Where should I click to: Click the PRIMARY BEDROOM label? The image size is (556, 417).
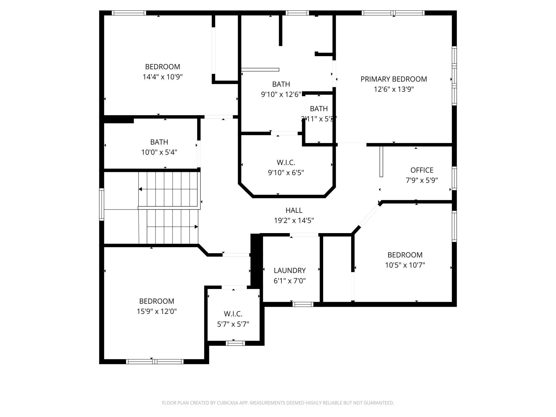click(x=393, y=79)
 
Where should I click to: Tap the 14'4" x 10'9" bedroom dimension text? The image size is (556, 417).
click(x=163, y=77)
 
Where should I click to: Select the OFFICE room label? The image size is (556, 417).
click(x=422, y=170)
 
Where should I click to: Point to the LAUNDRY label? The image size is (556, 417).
click(x=289, y=271)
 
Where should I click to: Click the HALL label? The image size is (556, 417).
click(x=294, y=210)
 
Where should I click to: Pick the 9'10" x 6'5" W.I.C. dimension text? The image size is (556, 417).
click(x=286, y=173)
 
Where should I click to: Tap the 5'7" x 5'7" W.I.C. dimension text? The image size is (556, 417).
click(x=233, y=324)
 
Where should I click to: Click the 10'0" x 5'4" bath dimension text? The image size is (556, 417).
click(x=159, y=152)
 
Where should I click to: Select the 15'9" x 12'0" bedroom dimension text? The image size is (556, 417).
click(x=157, y=311)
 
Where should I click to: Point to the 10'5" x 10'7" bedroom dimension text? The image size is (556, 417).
click(x=405, y=265)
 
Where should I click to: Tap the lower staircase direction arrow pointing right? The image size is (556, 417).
click(x=196, y=227)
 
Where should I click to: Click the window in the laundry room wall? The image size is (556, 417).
click(x=303, y=304)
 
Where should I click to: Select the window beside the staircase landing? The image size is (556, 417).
click(x=102, y=204)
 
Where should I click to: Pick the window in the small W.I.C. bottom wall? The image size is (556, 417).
click(x=235, y=343)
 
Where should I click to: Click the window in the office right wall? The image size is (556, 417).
click(x=454, y=178)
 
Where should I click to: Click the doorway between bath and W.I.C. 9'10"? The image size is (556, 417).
click(x=284, y=133)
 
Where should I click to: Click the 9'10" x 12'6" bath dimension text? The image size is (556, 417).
click(x=281, y=94)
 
